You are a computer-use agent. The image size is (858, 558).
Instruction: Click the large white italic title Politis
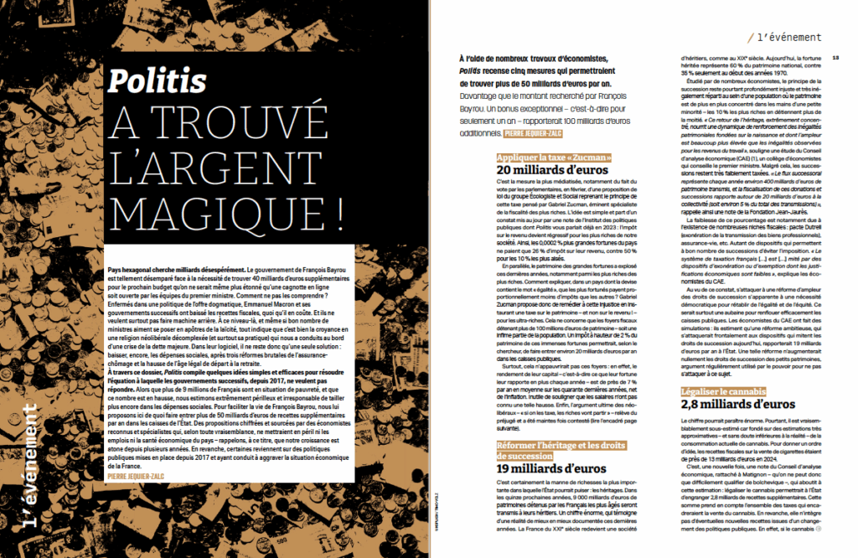pyautogui.click(x=158, y=81)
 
